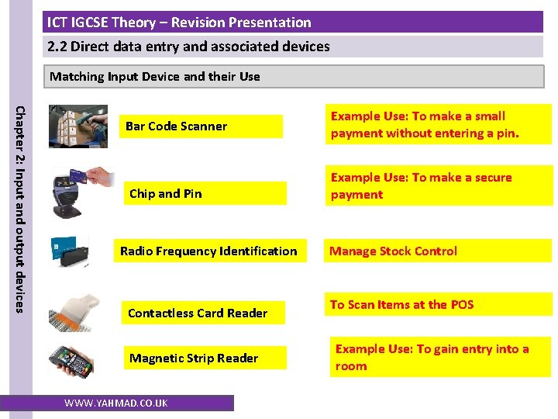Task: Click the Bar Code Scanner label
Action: (177, 126)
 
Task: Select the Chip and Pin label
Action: (166, 194)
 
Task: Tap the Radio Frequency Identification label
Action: (208, 251)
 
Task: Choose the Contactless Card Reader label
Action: (198, 313)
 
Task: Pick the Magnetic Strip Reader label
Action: (194, 358)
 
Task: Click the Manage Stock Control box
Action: (394, 251)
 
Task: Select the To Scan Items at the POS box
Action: (401, 305)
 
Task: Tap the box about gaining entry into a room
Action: (432, 358)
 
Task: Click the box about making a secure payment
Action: (422, 186)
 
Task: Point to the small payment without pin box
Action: (425, 125)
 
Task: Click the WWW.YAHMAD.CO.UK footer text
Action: (116, 403)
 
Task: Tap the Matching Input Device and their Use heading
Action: (155, 77)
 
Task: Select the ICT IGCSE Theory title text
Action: (179, 23)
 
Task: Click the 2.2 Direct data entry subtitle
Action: (188, 47)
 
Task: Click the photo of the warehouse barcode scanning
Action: (78, 126)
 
